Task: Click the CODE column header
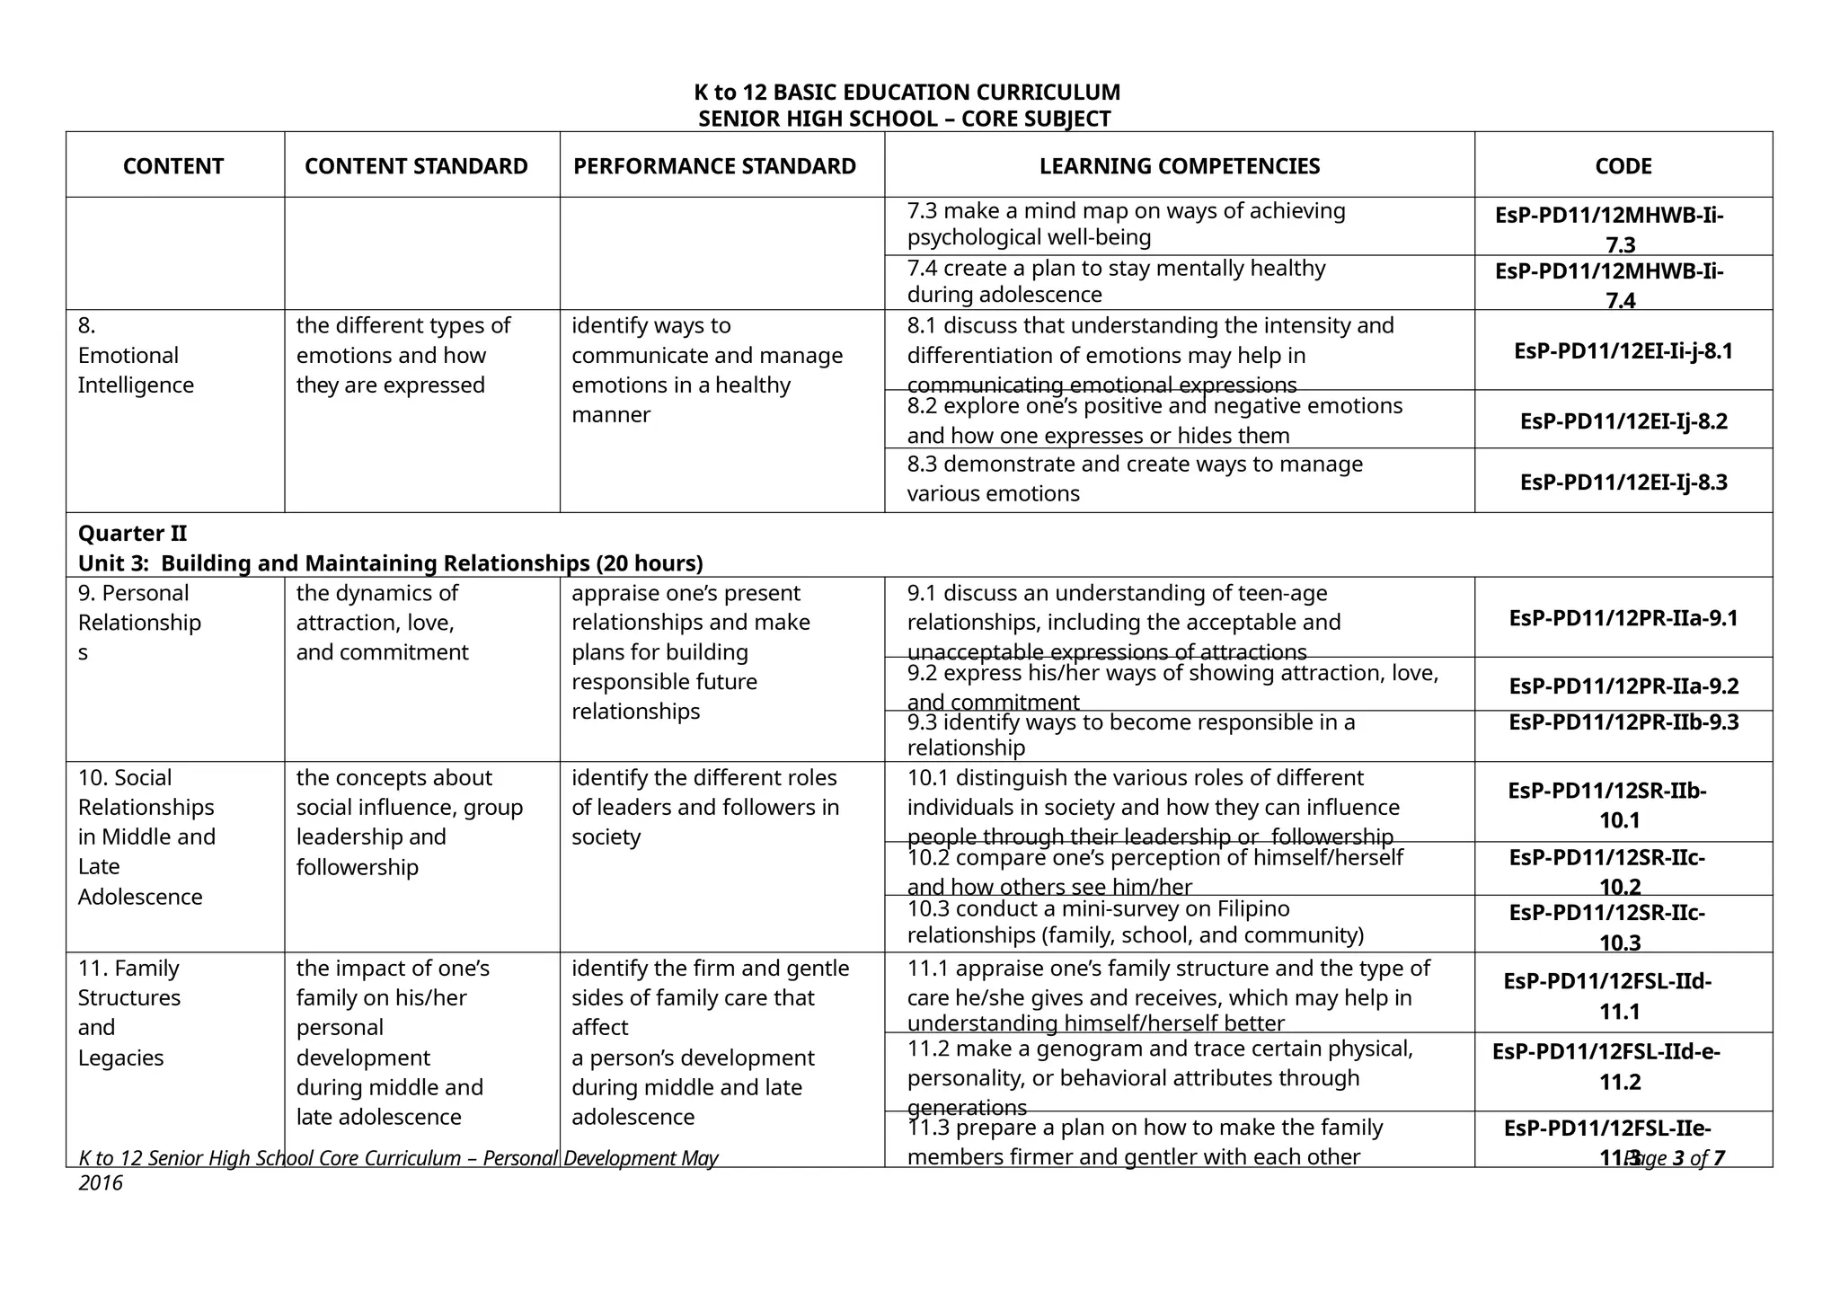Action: coord(1623,166)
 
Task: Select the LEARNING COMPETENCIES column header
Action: coord(1179,166)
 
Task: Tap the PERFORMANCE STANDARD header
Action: coord(714,166)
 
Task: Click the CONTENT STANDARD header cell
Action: coord(416,166)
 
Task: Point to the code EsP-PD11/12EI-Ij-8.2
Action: coord(1623,421)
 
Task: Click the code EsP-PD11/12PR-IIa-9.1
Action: coord(1623,618)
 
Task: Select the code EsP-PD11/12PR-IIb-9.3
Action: coord(1623,722)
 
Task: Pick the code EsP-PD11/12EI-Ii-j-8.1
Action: coord(1623,351)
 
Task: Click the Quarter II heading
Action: coord(133,534)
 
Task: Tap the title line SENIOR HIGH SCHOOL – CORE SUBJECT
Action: coord(905,119)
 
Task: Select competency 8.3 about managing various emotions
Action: coord(1134,479)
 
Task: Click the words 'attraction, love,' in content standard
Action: coord(375,623)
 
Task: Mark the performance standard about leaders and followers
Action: coord(704,807)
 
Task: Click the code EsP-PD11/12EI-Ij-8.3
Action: coord(1623,482)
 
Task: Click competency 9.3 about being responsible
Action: coord(1130,735)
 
